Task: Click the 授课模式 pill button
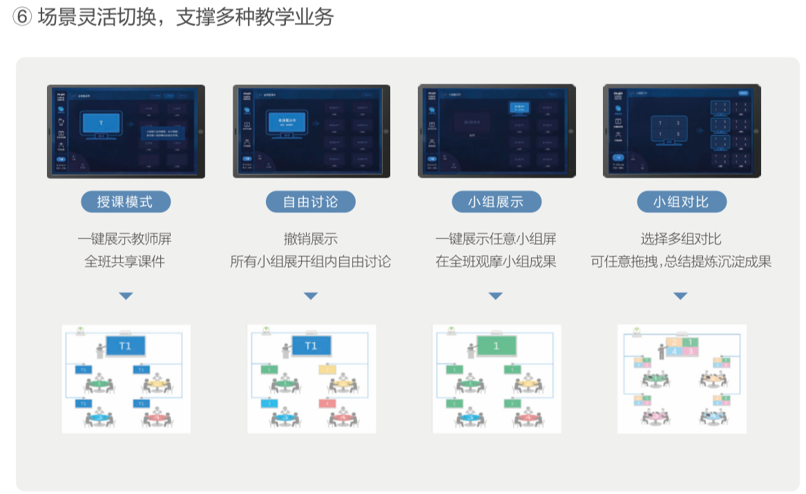[x=125, y=202]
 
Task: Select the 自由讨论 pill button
[x=311, y=202]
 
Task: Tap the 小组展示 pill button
[x=496, y=202]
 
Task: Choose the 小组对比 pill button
[x=680, y=202]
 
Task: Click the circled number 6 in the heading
[x=23, y=18]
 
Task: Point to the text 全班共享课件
[x=125, y=262]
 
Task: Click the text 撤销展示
[x=311, y=239]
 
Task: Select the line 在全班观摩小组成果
[x=496, y=262]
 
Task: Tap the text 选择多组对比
[x=680, y=239]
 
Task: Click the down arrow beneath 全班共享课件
[x=125, y=296]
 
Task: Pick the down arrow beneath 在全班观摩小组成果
[x=495, y=296]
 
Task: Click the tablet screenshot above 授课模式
[x=126, y=131]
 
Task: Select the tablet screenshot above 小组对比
[x=682, y=131]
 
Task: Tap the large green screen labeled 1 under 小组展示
[x=496, y=346]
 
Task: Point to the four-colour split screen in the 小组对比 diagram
[x=682, y=347]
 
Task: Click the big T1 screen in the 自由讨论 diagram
[x=311, y=346]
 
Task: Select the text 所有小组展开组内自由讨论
[x=311, y=262]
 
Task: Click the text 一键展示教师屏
[x=125, y=239]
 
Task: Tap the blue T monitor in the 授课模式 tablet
[x=101, y=124]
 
